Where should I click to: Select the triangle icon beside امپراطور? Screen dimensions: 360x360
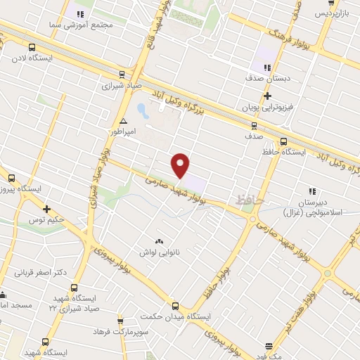click(124, 120)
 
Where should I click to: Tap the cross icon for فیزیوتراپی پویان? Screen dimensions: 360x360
click(267, 96)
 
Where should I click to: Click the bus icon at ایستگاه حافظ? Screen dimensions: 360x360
click(284, 140)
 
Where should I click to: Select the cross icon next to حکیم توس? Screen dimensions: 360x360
click(46, 209)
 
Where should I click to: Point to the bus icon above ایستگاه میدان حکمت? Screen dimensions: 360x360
click(176, 306)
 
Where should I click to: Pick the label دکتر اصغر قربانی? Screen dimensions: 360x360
click(59, 271)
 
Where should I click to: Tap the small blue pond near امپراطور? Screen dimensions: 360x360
click(142, 110)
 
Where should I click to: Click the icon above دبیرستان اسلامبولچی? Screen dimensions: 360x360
click(311, 171)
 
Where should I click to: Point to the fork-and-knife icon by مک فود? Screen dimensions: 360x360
click(270, 346)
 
